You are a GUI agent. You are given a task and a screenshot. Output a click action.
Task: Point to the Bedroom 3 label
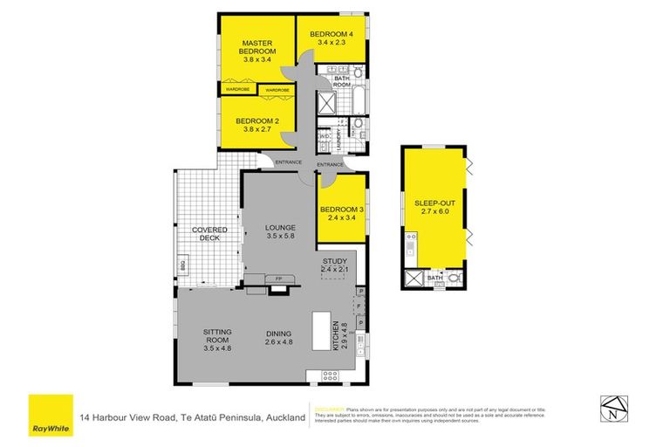[x=342, y=215]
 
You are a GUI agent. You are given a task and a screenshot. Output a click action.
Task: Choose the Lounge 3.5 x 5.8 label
[x=280, y=232]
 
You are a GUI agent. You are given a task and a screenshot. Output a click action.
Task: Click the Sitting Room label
[x=217, y=338]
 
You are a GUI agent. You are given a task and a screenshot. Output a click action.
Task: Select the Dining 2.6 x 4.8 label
[x=279, y=338]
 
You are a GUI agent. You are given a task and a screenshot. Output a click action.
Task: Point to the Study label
[x=334, y=265]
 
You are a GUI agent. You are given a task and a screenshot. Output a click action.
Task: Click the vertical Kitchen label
[x=339, y=337]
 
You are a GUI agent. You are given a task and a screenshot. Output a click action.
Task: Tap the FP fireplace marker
[x=278, y=279]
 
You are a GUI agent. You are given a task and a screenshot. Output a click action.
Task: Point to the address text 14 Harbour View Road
[x=193, y=418]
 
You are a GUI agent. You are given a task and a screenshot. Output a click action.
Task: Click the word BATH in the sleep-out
[x=434, y=279]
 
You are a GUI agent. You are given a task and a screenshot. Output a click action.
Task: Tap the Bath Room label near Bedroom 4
[x=341, y=82]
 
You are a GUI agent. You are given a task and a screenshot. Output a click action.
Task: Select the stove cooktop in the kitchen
[x=331, y=376]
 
